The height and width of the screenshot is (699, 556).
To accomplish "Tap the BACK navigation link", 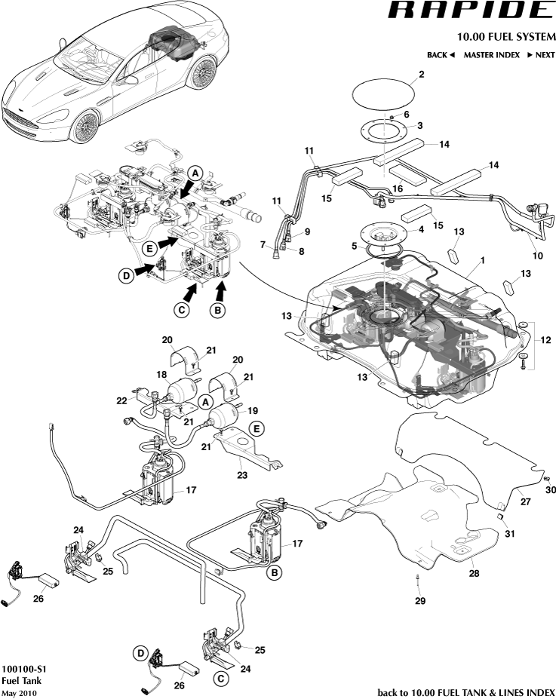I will [x=441, y=55].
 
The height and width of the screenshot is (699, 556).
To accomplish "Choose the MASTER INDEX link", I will [x=491, y=55].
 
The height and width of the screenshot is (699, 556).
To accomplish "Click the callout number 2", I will [x=421, y=74].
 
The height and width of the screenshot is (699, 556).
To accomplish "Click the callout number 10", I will [x=539, y=256].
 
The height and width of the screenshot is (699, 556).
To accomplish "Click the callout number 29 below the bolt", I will [x=419, y=600].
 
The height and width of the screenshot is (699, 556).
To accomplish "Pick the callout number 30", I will [x=551, y=490].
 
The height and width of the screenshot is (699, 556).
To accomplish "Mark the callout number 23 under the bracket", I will [x=241, y=475].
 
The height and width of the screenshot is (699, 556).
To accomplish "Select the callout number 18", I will [x=161, y=374].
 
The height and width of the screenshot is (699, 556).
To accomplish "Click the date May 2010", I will [x=19, y=692].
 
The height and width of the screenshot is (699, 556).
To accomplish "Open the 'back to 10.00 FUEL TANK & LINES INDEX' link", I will [x=465, y=692].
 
